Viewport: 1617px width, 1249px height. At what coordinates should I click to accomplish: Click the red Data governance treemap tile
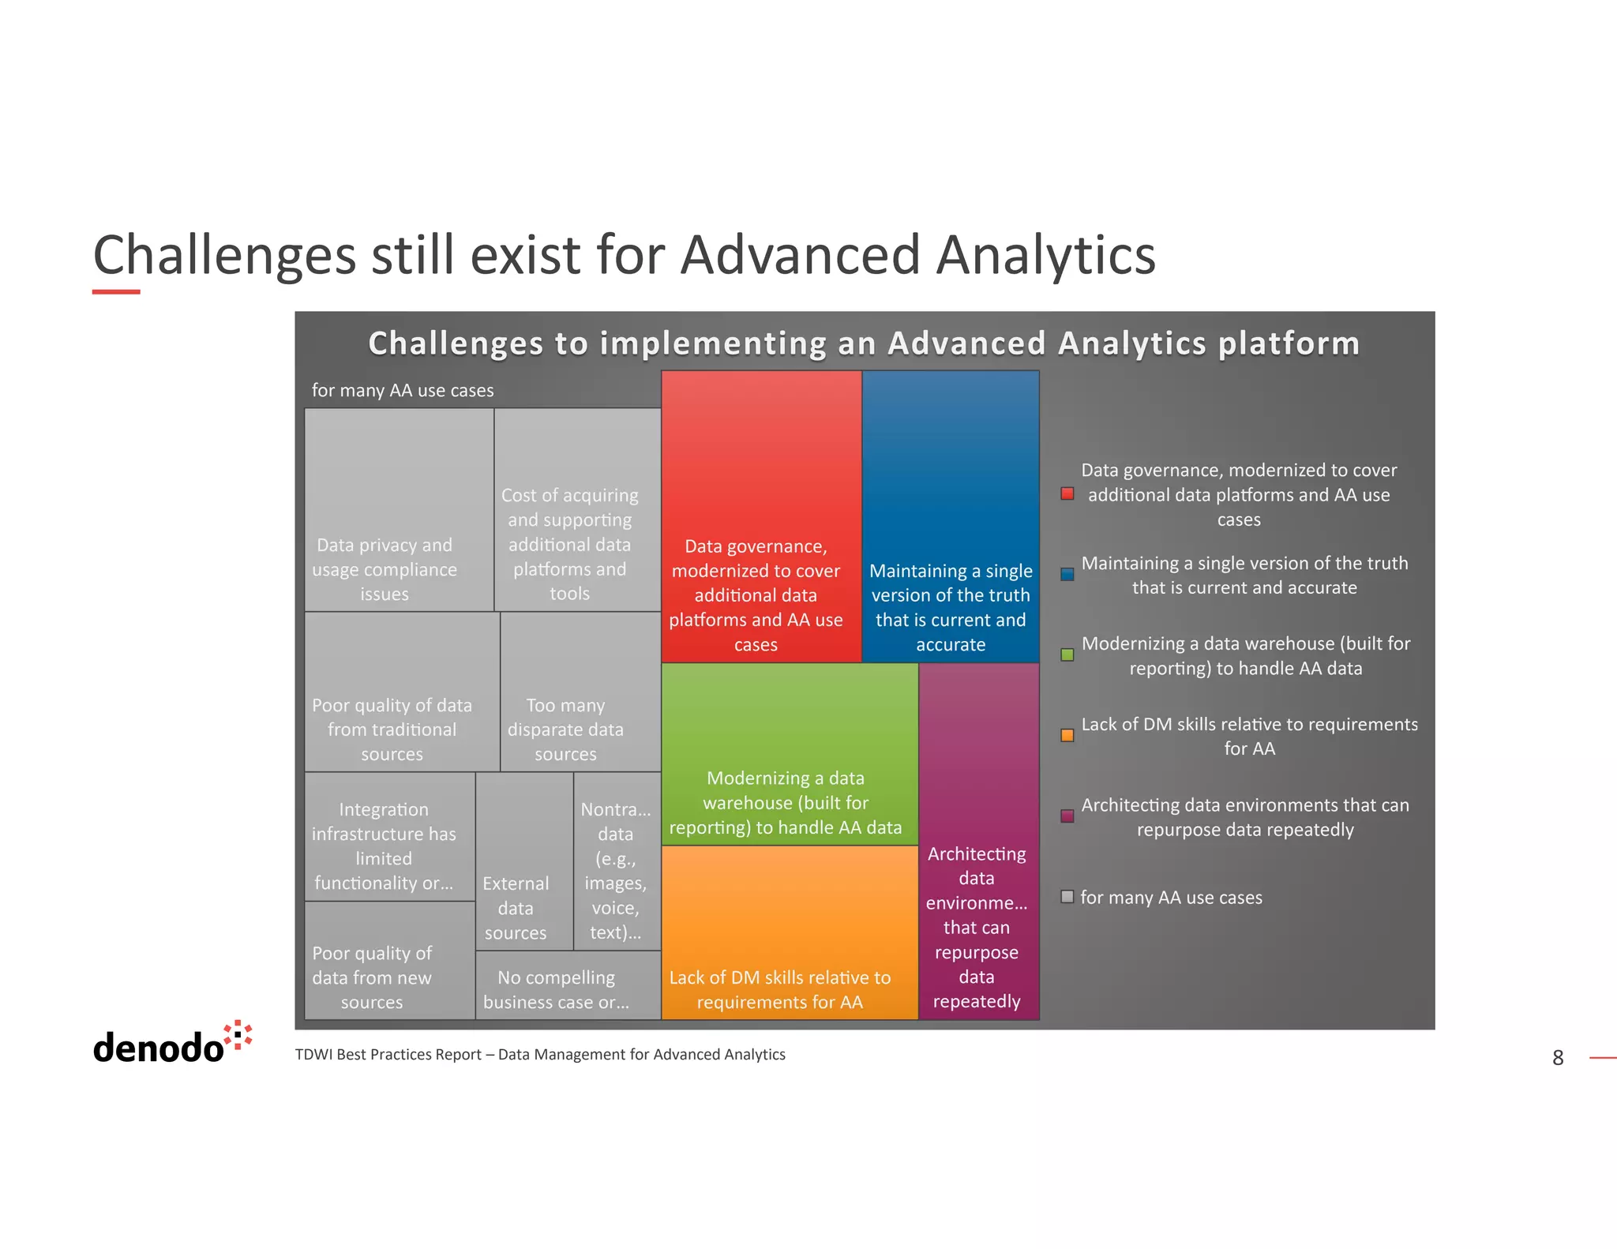click(x=760, y=516)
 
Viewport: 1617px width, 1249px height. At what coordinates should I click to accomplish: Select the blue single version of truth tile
click(x=950, y=516)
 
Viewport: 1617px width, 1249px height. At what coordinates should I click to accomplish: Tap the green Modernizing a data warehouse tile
click(x=789, y=754)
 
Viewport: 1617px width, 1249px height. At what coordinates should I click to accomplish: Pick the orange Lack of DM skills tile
click(x=789, y=932)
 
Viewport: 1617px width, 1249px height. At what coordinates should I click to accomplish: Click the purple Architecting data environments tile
click(x=978, y=841)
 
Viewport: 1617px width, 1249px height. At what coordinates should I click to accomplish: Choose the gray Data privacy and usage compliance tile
click(x=399, y=510)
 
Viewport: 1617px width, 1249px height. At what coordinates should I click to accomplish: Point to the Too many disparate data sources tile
click(x=580, y=692)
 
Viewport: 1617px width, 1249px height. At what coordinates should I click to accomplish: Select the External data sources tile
click(x=523, y=861)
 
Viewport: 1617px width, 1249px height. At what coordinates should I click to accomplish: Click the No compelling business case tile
click(x=567, y=985)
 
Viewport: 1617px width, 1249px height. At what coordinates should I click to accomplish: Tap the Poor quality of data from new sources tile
click(x=389, y=961)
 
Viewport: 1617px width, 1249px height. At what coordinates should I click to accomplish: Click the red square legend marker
click(x=1067, y=494)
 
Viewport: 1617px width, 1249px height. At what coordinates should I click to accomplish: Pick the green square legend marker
click(x=1067, y=655)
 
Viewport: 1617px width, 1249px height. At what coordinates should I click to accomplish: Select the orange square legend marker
click(x=1067, y=735)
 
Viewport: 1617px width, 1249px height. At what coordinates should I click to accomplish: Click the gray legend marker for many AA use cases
click(x=1067, y=897)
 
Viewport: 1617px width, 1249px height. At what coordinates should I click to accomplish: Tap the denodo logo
click(x=171, y=1043)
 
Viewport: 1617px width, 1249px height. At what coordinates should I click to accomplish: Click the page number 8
click(x=1557, y=1058)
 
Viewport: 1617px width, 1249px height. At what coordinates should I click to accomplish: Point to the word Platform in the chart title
click(x=1288, y=343)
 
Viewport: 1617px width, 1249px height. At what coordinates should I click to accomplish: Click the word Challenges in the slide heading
click(x=224, y=255)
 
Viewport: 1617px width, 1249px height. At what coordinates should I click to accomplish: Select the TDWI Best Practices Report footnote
click(x=539, y=1055)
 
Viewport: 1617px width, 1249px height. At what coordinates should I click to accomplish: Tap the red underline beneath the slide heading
click(x=116, y=291)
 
